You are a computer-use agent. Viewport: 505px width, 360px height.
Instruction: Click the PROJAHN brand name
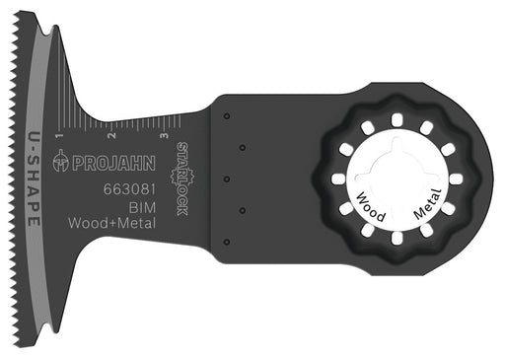pos(113,164)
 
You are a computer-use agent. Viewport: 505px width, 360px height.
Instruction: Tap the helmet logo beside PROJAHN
pos(61,161)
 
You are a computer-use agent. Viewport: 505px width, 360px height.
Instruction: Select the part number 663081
pos(129,189)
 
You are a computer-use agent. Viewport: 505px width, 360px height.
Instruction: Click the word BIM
pos(142,208)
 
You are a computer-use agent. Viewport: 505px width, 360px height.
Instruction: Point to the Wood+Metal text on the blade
pos(112,223)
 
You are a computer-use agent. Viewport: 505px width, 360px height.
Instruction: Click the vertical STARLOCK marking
pos(181,179)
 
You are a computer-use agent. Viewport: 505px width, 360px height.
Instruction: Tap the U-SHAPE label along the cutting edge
pos(34,179)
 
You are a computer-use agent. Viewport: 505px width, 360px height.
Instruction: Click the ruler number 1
pos(59,135)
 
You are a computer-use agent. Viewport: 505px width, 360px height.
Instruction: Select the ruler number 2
pos(112,135)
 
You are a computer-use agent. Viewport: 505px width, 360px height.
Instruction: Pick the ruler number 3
pos(165,135)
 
